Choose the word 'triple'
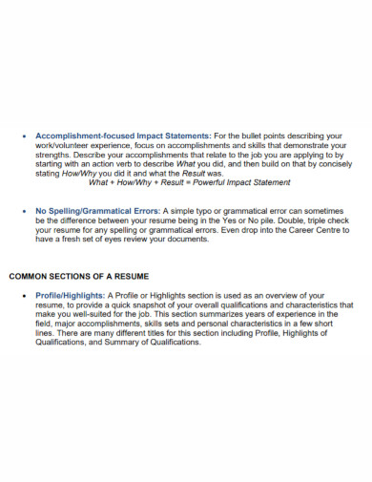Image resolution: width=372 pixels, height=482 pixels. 323,221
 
